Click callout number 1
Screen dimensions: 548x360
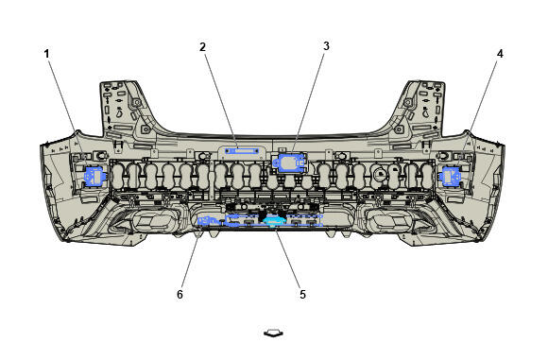[46, 54]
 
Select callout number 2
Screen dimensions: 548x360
[203, 47]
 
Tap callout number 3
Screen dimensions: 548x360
[326, 45]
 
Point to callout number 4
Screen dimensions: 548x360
[500, 54]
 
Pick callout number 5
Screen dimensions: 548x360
[302, 294]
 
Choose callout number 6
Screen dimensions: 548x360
[180, 294]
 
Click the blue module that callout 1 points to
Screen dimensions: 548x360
[94, 176]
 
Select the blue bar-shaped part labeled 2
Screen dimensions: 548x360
[242, 151]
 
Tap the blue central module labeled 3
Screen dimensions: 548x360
[290, 163]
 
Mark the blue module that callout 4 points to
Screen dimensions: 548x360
[452, 176]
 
